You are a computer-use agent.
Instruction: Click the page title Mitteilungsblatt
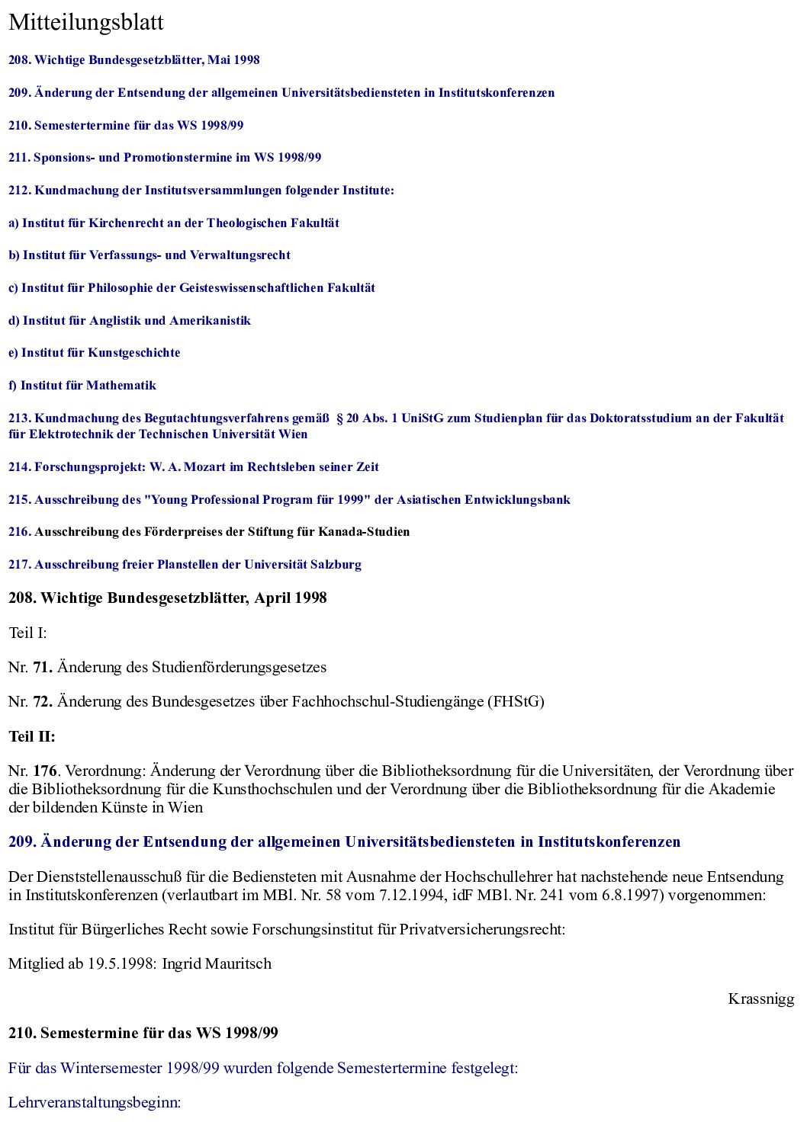coord(85,23)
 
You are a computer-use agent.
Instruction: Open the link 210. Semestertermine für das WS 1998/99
coord(126,125)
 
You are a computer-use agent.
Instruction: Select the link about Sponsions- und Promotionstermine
coord(165,158)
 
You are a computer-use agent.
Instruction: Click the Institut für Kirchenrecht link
coord(173,223)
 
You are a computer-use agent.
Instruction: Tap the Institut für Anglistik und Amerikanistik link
coord(130,320)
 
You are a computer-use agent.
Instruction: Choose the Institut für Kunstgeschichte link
coord(95,352)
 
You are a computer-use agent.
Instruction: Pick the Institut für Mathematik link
coord(82,385)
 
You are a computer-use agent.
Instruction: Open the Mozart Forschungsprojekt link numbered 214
coord(194,466)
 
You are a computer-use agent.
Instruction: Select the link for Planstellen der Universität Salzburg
coord(185,564)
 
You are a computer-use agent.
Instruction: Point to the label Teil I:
coord(27,633)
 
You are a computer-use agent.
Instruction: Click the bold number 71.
coord(42,667)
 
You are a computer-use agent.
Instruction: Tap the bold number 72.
coord(42,701)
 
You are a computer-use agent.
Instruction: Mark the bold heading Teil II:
coord(32,736)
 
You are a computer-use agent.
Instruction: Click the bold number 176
coord(45,771)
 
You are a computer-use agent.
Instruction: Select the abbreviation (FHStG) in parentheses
coord(516,701)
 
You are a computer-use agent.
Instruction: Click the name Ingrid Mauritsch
coord(217,963)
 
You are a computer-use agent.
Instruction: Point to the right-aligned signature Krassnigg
coord(760,998)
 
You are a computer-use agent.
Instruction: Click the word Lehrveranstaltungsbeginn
coord(95,1102)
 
